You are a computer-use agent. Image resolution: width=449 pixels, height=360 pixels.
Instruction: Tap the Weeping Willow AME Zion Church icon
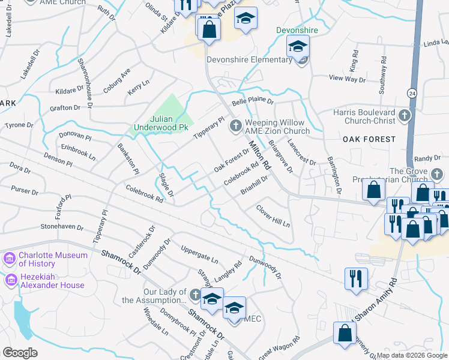point(235,125)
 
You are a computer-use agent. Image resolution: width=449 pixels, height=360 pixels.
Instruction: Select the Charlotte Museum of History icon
point(9,259)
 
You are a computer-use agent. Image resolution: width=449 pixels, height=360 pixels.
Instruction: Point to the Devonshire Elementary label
point(249,59)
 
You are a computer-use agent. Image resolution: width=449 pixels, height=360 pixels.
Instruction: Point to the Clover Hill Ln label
point(273,217)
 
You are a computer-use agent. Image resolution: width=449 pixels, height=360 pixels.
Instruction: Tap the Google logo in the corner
point(20,352)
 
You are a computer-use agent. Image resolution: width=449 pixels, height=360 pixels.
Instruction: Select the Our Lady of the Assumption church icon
point(194,295)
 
